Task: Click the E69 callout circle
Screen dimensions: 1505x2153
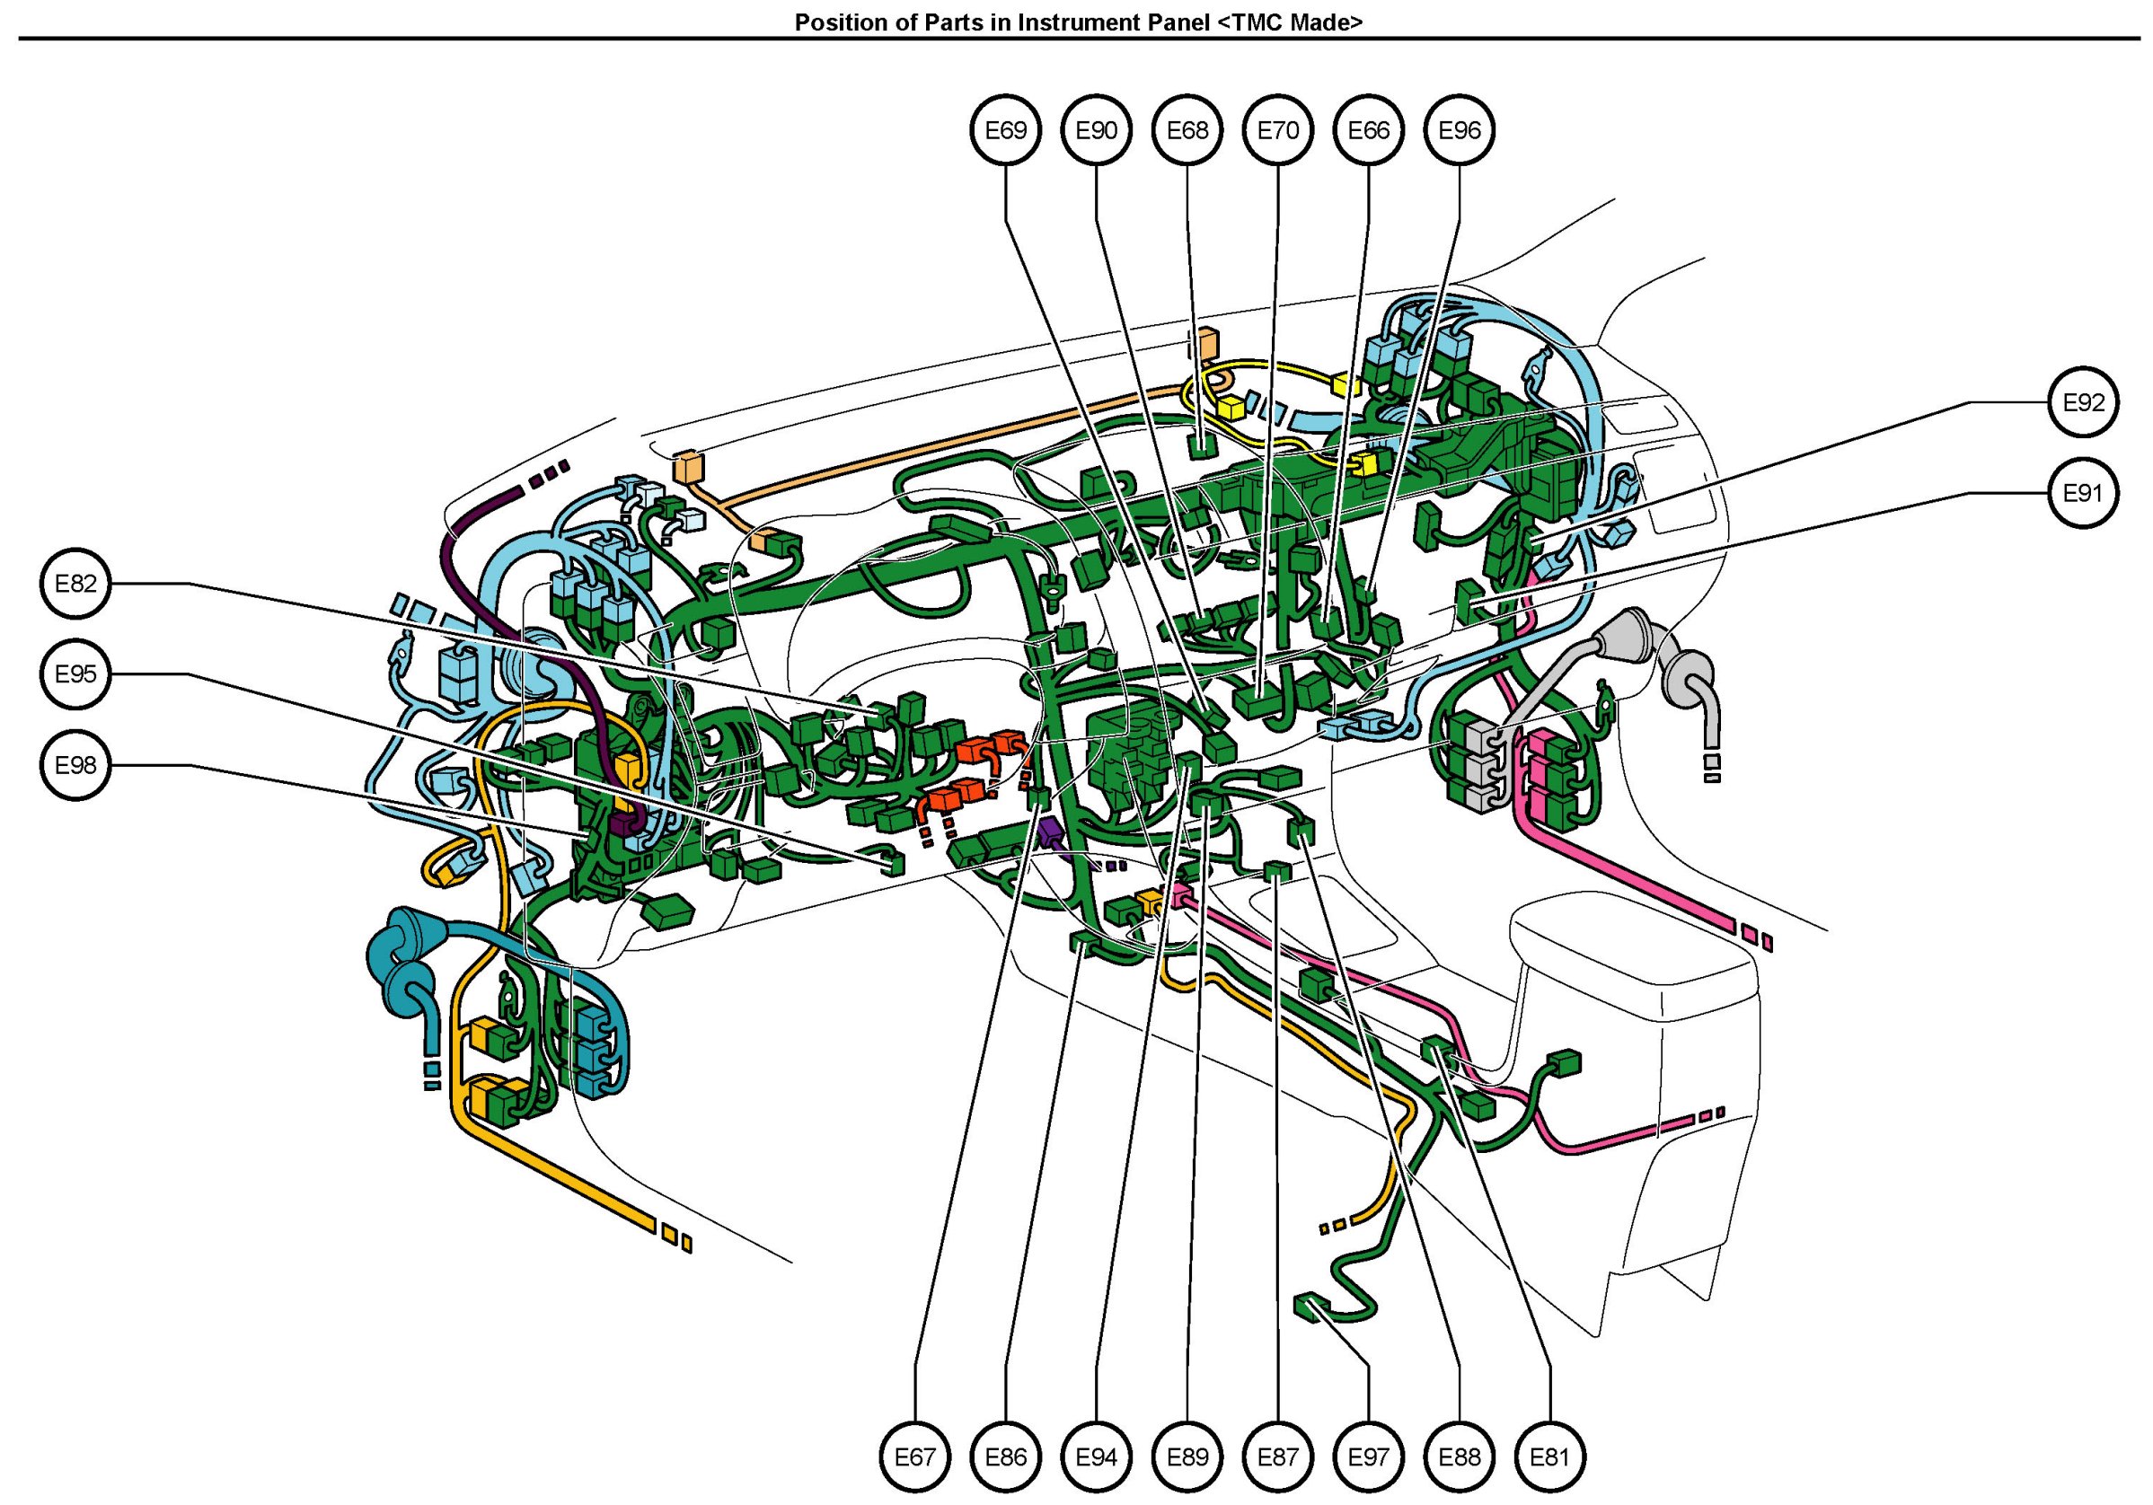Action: pyautogui.click(x=1005, y=130)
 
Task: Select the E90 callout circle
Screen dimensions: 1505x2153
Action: pyautogui.click(x=1096, y=130)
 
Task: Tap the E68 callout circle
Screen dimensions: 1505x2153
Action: pyautogui.click(x=1187, y=130)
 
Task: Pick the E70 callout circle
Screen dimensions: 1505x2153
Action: pyautogui.click(x=1278, y=130)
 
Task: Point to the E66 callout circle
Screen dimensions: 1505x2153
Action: pyautogui.click(x=1368, y=130)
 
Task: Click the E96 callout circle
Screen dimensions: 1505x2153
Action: pyautogui.click(x=1459, y=130)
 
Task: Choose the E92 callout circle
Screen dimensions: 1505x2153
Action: pyautogui.click(x=2084, y=402)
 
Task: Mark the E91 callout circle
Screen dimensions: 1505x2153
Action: pyautogui.click(x=2084, y=493)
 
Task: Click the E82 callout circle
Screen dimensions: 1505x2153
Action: pyautogui.click(x=76, y=584)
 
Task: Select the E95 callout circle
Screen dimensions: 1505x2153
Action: pyautogui.click(x=76, y=674)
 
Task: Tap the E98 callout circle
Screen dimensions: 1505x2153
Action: pyautogui.click(x=76, y=765)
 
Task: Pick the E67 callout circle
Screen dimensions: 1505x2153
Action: pyautogui.click(x=914, y=1457)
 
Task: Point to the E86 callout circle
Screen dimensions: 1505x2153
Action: pyautogui.click(x=1005, y=1457)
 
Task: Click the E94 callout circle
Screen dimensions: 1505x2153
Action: pyautogui.click(x=1096, y=1457)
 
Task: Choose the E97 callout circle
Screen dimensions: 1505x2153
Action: pyautogui.click(x=1368, y=1457)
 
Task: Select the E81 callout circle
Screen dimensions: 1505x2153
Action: pyautogui.click(x=1550, y=1457)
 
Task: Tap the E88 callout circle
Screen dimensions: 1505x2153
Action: pyautogui.click(x=1459, y=1457)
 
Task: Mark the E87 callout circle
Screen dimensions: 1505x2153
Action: pyautogui.click(x=1278, y=1457)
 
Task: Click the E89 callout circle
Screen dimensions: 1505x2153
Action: pyautogui.click(x=1187, y=1457)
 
